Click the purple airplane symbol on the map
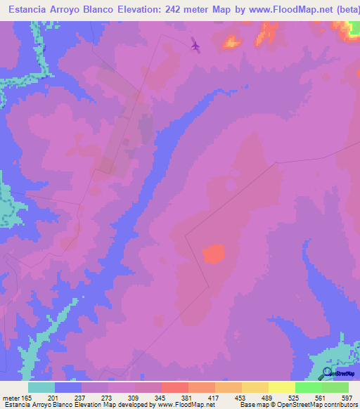195,46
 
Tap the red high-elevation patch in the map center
214,253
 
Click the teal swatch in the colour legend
41,387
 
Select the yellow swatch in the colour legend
282,387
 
